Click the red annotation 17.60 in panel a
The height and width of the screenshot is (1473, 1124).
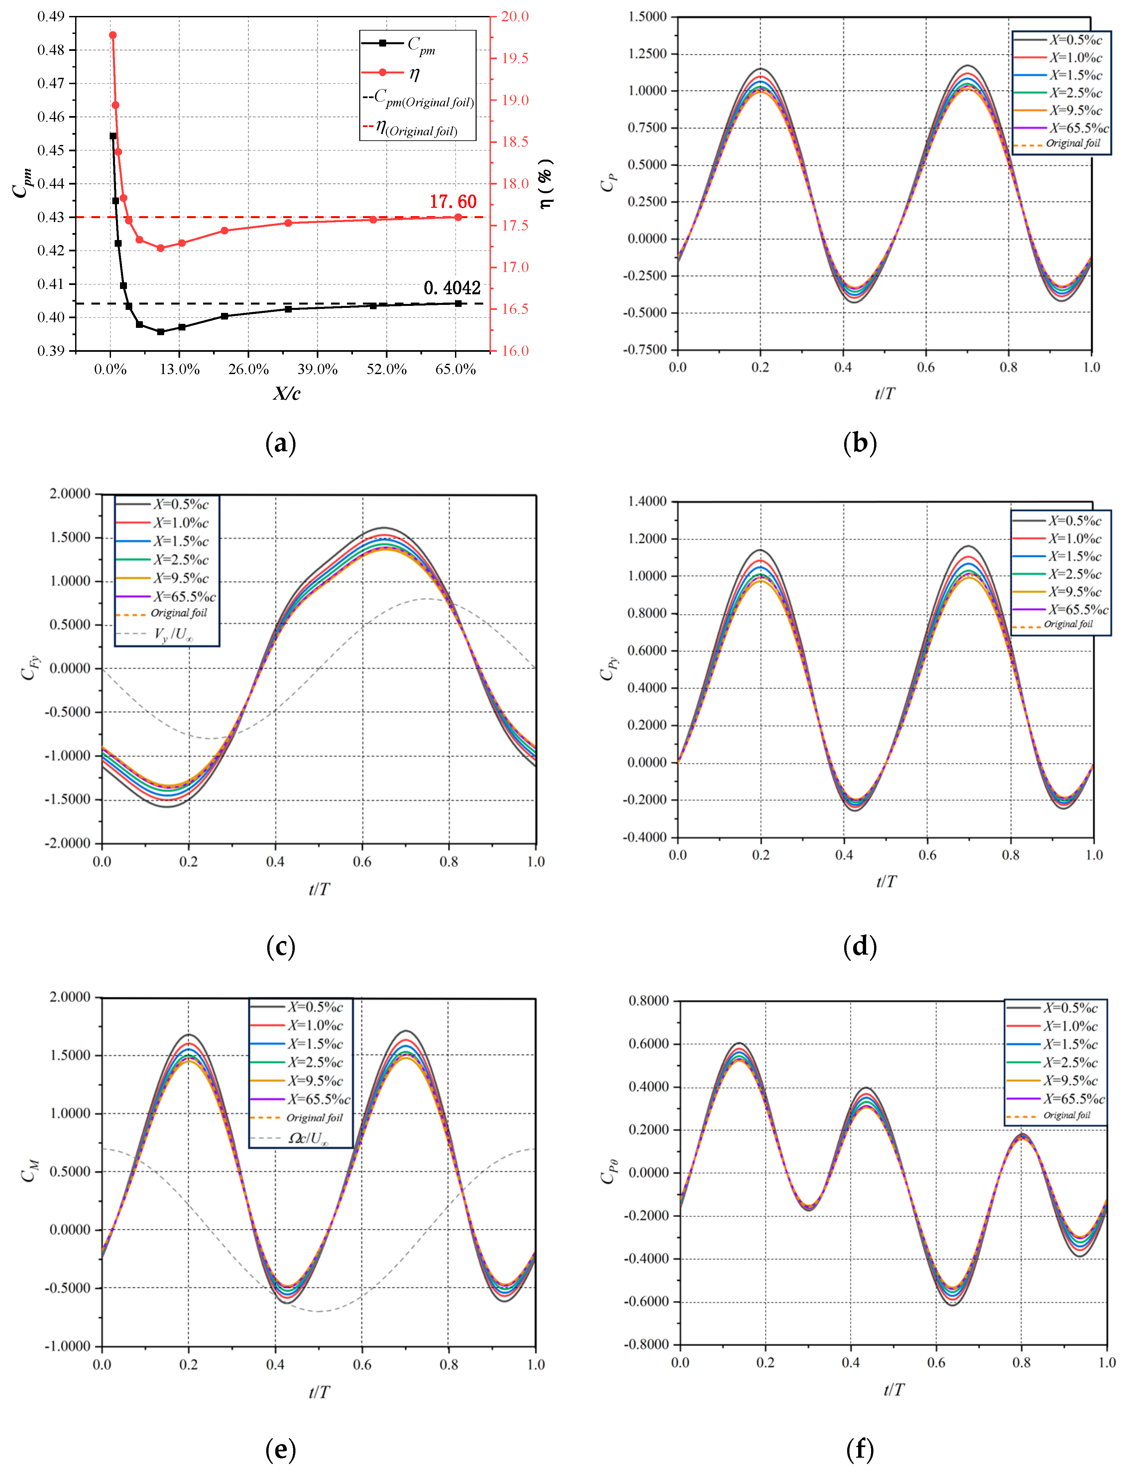[x=453, y=201]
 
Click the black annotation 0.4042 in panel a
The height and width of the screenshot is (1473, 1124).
[x=452, y=288]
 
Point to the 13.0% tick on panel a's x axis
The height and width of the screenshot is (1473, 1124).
[x=179, y=369]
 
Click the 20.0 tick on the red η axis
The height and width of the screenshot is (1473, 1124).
[x=515, y=17]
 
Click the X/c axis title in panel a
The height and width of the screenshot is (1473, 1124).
[x=286, y=393]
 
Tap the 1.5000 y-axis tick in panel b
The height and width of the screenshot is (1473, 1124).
[x=648, y=17]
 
